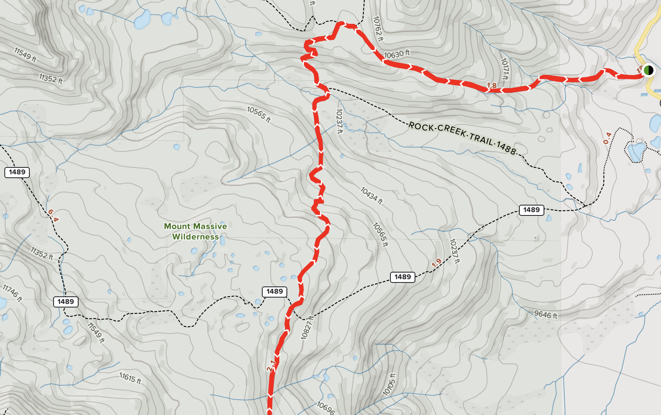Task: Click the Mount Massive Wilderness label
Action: point(195,231)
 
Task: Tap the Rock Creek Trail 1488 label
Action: point(462,138)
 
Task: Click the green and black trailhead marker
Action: point(648,71)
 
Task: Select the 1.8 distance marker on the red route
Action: point(492,85)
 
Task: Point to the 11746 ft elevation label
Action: point(12,293)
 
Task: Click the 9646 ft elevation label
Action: point(546,315)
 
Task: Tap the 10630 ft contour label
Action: point(397,54)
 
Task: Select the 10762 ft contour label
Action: point(378,29)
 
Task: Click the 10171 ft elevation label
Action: point(505,69)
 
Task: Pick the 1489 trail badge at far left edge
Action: point(17,172)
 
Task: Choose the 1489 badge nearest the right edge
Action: point(531,210)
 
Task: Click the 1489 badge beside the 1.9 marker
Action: point(403,277)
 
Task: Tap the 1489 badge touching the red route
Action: point(275,292)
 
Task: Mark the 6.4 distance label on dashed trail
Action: point(53,216)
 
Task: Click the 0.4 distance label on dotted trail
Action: point(607,138)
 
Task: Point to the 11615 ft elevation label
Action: point(130,378)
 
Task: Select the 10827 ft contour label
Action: point(307,328)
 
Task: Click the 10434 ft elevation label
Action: point(371,196)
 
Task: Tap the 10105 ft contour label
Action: point(389,384)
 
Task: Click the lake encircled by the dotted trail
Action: point(636,151)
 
